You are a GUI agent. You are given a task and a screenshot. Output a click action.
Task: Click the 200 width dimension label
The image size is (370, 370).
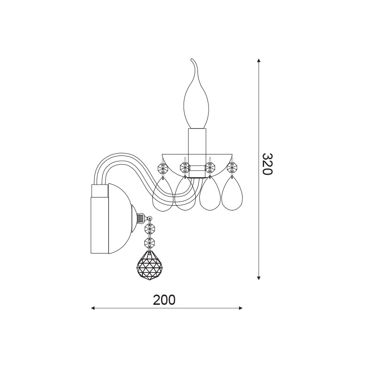tap(164, 300)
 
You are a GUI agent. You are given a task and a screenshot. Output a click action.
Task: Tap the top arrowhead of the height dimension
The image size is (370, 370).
tap(259, 61)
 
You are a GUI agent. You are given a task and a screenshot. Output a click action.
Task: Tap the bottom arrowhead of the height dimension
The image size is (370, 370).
tap(259, 277)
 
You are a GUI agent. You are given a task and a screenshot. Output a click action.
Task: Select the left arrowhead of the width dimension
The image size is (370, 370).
tap(93, 308)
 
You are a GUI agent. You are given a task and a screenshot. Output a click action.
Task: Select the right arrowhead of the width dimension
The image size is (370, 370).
tap(240, 308)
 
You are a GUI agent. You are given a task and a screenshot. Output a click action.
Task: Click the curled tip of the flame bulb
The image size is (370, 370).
tap(192, 59)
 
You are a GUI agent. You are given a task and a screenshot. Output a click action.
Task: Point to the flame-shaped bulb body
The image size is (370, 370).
tap(196, 101)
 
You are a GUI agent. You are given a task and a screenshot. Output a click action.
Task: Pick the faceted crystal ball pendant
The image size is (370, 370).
tap(149, 265)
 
